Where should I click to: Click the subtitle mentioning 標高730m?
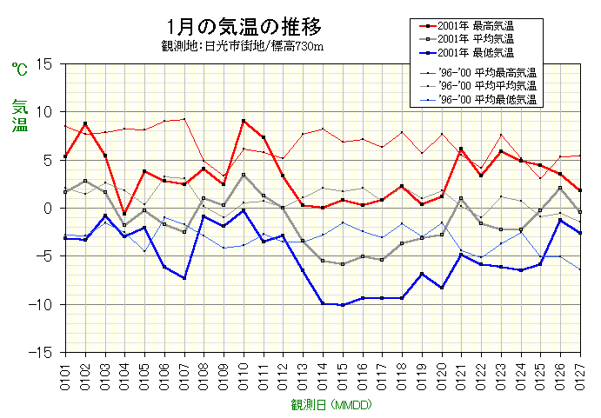[x=243, y=46]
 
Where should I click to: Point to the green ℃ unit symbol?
[x=19, y=67]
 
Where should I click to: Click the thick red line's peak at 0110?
[x=244, y=121]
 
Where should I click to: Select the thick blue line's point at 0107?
[x=184, y=278]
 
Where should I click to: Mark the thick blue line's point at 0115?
[x=343, y=305]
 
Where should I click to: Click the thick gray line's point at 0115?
[x=343, y=264]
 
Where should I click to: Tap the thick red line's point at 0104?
[x=124, y=214]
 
